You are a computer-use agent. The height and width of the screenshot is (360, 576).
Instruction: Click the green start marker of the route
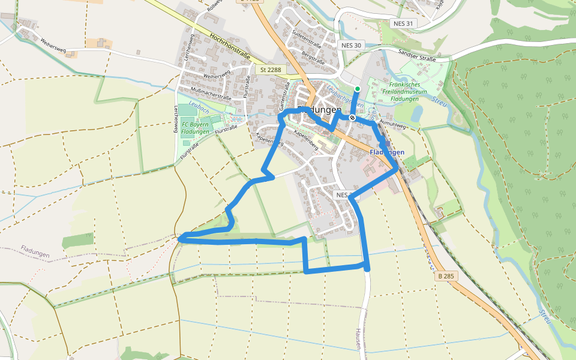pos(358,89)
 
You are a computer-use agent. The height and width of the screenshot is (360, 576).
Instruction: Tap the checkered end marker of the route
pos(352,118)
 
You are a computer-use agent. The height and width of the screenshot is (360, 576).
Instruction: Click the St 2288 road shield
pos(271,70)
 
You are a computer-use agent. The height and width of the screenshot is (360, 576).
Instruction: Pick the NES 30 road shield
pos(351,45)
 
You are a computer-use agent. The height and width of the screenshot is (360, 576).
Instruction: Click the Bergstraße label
pos(313,58)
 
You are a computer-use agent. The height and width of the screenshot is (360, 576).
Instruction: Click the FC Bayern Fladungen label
pos(195,128)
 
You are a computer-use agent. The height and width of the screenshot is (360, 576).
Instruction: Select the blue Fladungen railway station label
pos(387,152)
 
